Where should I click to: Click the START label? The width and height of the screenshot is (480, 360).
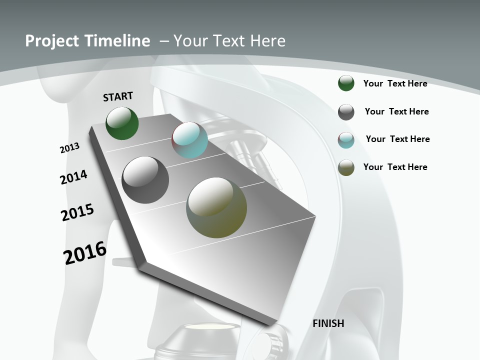(118, 96)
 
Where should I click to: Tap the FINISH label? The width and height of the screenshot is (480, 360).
(328, 323)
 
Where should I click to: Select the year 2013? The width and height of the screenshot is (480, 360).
(69, 148)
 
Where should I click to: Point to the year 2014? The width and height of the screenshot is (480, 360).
(73, 177)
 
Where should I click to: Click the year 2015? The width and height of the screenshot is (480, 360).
(77, 212)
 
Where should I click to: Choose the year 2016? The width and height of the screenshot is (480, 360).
(85, 253)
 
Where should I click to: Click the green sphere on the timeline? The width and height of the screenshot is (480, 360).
(122, 123)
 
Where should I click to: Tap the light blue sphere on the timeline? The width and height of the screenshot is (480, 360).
(189, 139)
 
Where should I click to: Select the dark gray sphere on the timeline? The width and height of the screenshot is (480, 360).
(145, 179)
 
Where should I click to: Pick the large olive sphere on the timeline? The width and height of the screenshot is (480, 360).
(216, 207)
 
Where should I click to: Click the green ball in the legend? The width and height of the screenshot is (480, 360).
(346, 83)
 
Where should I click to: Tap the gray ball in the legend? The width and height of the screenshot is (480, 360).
(346, 112)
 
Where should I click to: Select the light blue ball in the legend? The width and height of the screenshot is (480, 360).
(346, 140)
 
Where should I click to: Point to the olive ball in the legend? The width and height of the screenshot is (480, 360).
(346, 167)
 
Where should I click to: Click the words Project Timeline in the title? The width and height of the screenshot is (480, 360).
(87, 41)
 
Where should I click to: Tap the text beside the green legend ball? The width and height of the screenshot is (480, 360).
(395, 83)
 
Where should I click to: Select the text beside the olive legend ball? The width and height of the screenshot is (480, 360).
(395, 167)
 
